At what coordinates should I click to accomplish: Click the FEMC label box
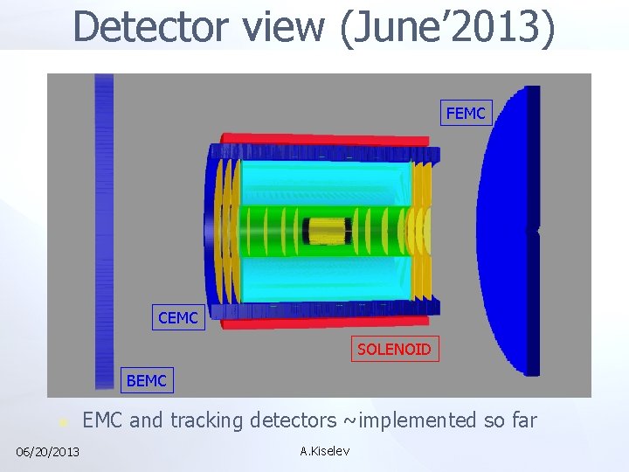coord(467,113)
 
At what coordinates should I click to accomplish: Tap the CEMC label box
coord(178,318)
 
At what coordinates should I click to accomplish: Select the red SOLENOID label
coord(394,350)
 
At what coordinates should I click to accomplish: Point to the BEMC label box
coord(146,380)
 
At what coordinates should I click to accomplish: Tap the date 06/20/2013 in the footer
coord(48,451)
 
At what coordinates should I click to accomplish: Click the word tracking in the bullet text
coord(207,420)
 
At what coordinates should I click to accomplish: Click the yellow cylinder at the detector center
coord(327,231)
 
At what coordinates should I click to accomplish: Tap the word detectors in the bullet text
coord(293,420)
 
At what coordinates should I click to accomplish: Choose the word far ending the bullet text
coord(522,420)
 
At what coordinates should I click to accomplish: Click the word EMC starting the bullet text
coord(103,420)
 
